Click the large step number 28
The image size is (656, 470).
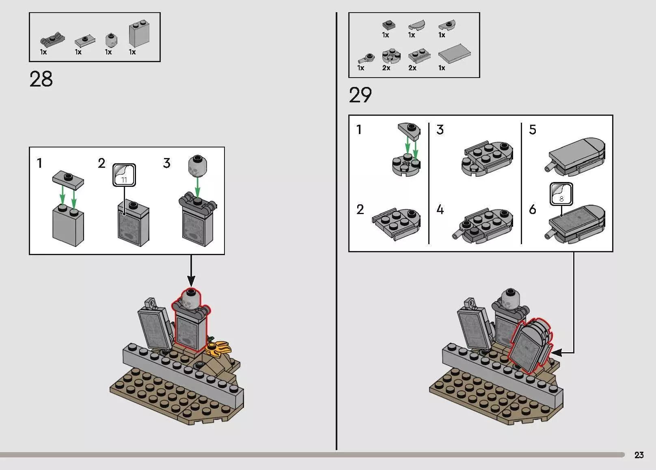pyautogui.click(x=41, y=79)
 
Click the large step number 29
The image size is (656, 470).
pyautogui.click(x=360, y=95)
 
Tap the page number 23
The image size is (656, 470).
pyautogui.click(x=639, y=455)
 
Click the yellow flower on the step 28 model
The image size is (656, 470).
pyautogui.click(x=218, y=349)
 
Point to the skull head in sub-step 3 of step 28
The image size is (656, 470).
pyautogui.click(x=197, y=166)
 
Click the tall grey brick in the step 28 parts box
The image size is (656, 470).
pyautogui.click(x=139, y=34)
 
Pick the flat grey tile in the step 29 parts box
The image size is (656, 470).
pyautogui.click(x=454, y=53)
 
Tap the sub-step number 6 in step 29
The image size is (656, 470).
pyautogui.click(x=533, y=210)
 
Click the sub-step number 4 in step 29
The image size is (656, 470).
pyautogui.click(x=440, y=210)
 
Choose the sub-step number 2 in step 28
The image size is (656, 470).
pyautogui.click(x=101, y=163)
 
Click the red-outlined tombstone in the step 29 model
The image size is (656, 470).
pyautogui.click(x=530, y=346)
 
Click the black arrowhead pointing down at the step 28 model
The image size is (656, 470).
pyautogui.click(x=191, y=281)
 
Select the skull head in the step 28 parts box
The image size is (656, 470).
pyautogui.click(x=111, y=40)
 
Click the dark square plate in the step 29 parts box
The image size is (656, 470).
pyautogui.click(x=388, y=25)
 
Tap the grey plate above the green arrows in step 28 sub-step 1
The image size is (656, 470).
pyautogui.click(x=68, y=180)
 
